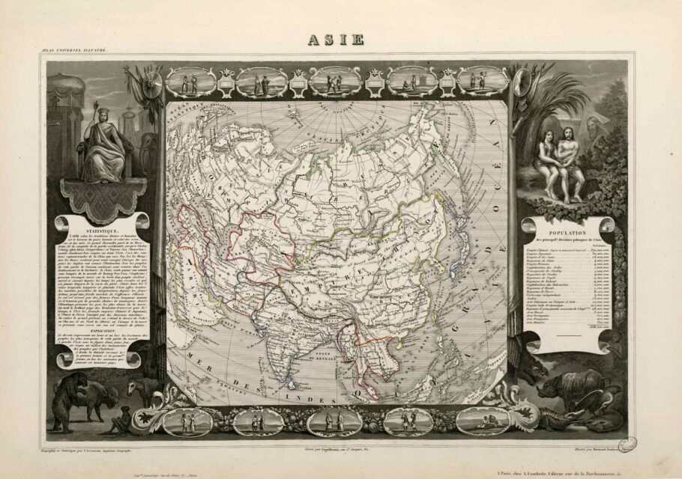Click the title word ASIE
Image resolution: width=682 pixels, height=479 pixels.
[x=336, y=39]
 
